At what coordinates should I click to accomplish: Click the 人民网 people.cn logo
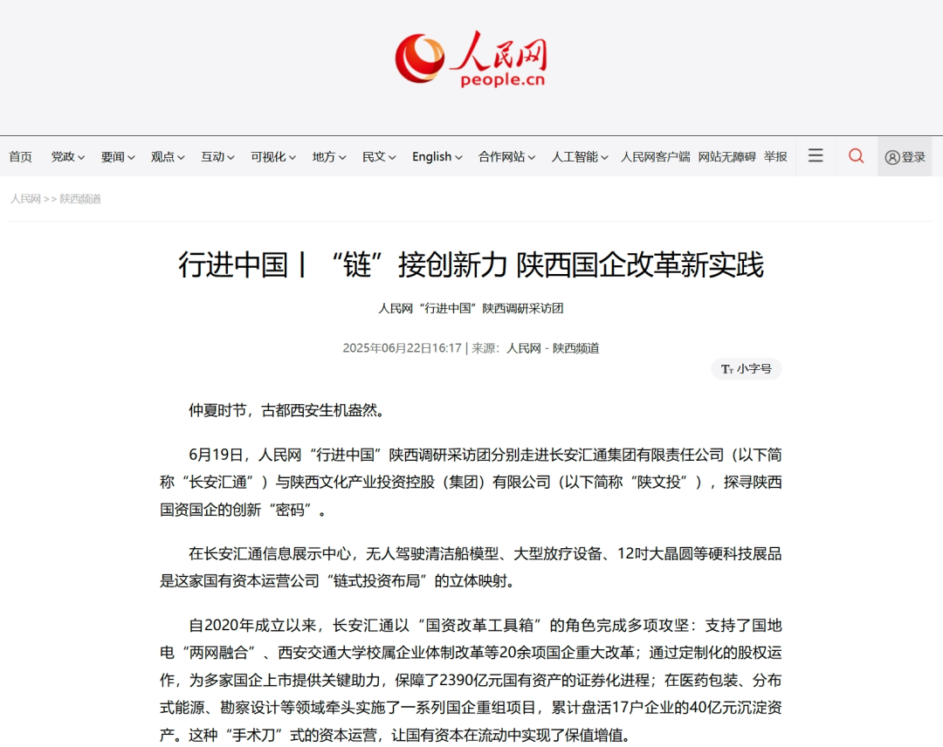point(471,59)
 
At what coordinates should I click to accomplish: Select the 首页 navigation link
point(21,157)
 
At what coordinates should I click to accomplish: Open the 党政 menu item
point(67,157)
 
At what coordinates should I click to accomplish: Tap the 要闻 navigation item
point(117,157)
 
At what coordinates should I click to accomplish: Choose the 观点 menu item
point(167,157)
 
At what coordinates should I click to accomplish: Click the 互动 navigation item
point(217,157)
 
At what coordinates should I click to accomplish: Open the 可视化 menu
point(272,157)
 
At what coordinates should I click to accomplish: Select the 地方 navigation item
point(328,157)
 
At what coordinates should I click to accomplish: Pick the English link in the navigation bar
point(437,157)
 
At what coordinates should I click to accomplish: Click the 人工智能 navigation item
point(579,157)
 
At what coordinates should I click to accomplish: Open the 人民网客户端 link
point(655,157)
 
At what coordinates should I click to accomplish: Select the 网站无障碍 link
point(726,157)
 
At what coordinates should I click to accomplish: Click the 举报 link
point(775,157)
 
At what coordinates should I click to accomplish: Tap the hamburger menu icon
point(816,155)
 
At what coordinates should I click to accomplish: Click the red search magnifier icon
point(857,155)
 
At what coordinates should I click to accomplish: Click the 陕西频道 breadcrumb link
point(80,199)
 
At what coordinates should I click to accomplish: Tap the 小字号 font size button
point(747,369)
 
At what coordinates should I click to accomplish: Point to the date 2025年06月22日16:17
point(402,348)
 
